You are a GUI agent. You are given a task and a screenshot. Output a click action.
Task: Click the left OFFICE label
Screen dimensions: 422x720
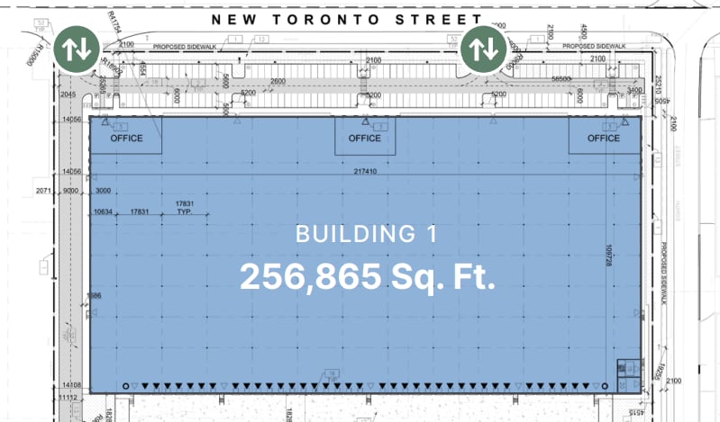pos(126,139)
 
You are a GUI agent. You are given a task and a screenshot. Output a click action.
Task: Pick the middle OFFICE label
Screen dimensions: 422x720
pos(364,139)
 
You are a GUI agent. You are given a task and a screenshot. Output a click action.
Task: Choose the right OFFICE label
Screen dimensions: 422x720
pos(603,139)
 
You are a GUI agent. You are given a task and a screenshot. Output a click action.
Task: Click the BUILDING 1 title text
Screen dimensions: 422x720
pos(367,235)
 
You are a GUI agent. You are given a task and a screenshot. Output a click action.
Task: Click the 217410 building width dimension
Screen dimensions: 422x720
pos(366,171)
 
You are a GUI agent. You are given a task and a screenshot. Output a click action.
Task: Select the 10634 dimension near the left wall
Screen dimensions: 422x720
pos(105,212)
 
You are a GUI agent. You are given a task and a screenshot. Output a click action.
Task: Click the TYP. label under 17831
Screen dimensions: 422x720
pos(184,212)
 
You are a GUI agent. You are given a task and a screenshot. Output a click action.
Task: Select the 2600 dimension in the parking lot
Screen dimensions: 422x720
pos(278,82)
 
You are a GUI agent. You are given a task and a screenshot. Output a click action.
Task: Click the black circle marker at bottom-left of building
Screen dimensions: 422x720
pos(126,385)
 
